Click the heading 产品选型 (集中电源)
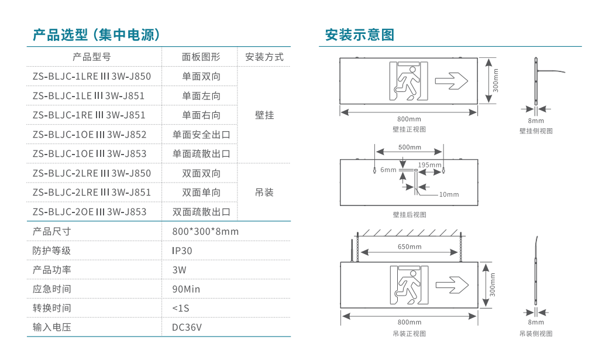97,35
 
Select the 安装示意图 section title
360,35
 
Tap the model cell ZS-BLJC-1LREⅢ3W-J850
92,76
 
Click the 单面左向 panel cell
201,95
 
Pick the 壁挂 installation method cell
264,115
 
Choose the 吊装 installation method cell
264,193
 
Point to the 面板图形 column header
201,57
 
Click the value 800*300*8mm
205,231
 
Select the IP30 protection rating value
182,251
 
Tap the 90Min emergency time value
186,289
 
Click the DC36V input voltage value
187,327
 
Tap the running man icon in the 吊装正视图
409,285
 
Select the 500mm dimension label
409,148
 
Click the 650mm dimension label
409,246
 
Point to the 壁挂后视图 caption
409,215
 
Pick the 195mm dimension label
430,165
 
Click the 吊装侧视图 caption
536,334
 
